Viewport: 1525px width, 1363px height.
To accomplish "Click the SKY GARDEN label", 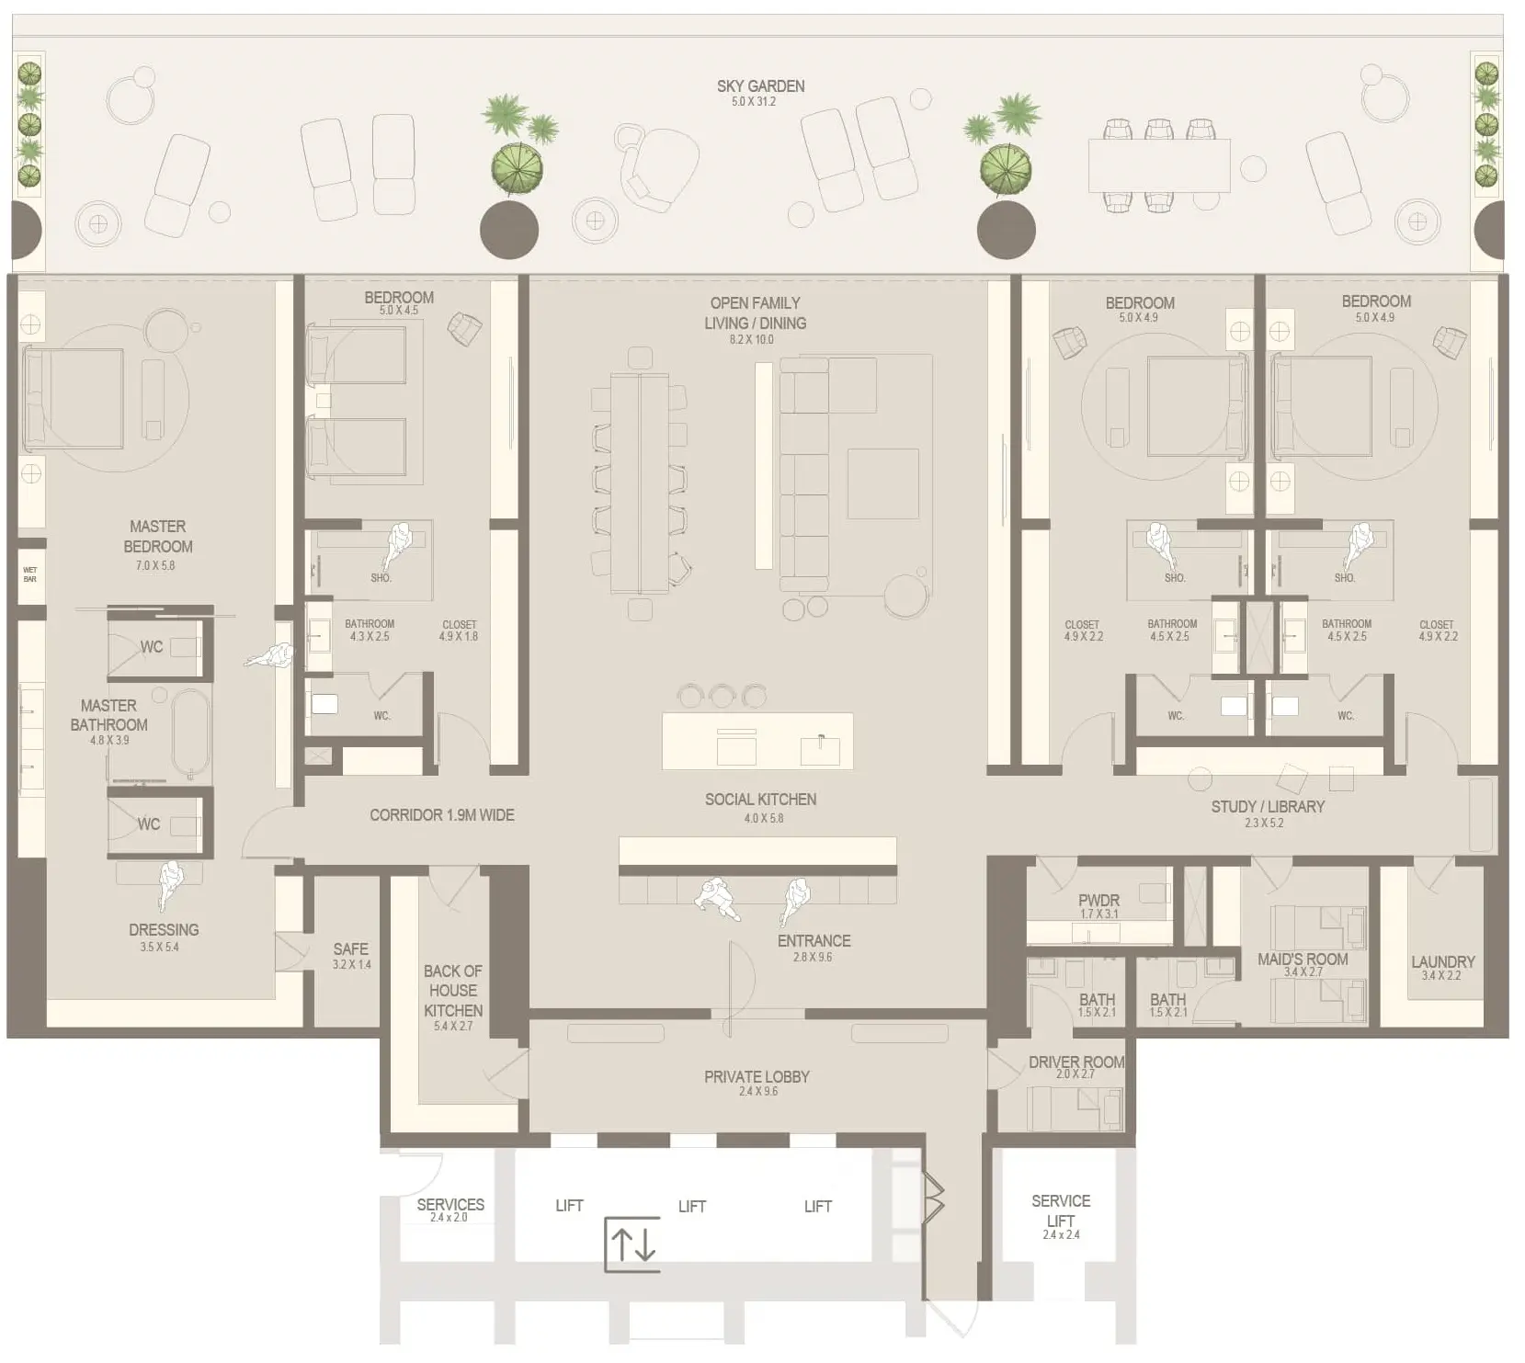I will (760, 86).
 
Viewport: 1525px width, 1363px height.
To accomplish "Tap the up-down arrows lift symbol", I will (632, 1244).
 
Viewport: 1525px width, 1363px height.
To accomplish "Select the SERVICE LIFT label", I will (1060, 1210).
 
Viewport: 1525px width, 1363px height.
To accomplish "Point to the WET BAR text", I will (29, 574).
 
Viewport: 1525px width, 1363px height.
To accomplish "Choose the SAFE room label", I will (350, 949).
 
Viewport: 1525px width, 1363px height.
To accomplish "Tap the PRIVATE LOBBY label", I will (757, 1076).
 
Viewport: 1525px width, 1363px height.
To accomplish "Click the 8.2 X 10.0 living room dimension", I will (751, 340).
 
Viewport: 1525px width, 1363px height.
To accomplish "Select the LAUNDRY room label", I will (1442, 961).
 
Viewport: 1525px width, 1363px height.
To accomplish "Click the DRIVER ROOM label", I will (1075, 1062).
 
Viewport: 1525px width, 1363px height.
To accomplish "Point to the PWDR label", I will (1098, 901).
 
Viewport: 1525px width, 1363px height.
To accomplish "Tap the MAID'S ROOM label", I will (1303, 959).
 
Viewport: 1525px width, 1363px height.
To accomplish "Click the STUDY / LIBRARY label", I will (1268, 806).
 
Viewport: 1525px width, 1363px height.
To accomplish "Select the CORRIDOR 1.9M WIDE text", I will (441, 815).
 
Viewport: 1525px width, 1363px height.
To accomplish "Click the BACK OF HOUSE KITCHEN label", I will (452, 991).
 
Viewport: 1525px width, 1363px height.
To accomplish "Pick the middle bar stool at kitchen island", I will (722, 696).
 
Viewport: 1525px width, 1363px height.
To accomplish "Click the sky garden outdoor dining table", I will (1158, 165).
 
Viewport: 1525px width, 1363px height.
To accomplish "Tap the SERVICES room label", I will (450, 1204).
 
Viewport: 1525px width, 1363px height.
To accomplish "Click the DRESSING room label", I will (164, 930).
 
